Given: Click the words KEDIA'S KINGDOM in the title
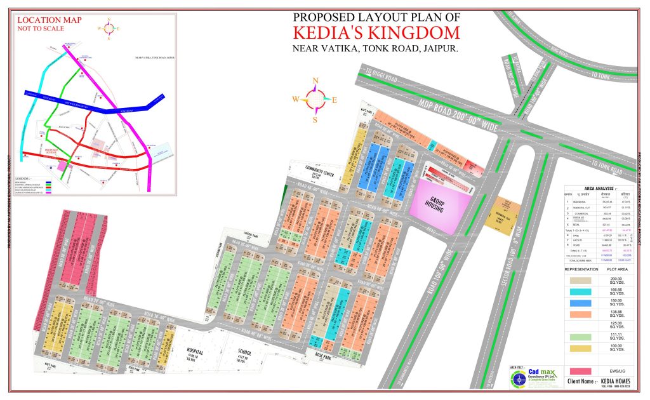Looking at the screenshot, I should pyautogui.click(x=376, y=32).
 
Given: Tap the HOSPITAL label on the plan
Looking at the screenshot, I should pyautogui.click(x=194, y=352).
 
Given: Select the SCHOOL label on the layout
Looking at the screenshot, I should pyautogui.click(x=245, y=350).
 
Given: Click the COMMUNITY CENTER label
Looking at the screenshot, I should pyautogui.click(x=319, y=172).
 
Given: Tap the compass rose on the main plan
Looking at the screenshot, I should pyautogui.click(x=315, y=98).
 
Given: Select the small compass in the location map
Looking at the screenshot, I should pyautogui.click(x=109, y=28).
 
